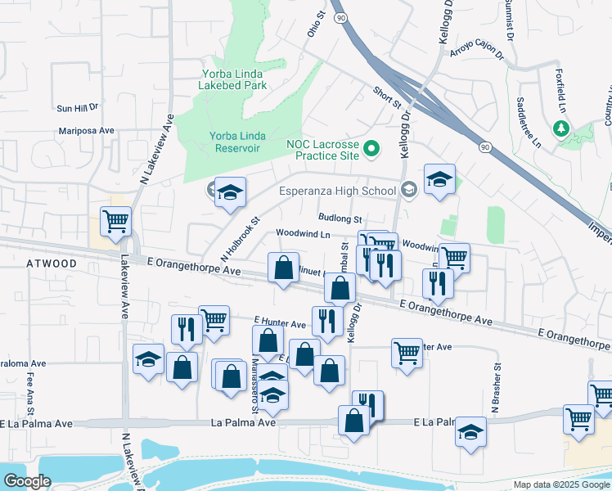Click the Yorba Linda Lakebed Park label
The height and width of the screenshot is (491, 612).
233,79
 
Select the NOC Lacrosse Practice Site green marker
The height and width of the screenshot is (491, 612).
372,148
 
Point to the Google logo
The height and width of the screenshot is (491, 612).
26,481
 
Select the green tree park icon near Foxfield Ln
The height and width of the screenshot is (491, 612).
560,128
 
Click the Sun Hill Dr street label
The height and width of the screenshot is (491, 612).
77,107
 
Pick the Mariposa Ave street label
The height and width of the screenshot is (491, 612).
86,130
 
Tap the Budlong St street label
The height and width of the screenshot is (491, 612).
340,219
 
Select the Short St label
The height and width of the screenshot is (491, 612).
387,97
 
